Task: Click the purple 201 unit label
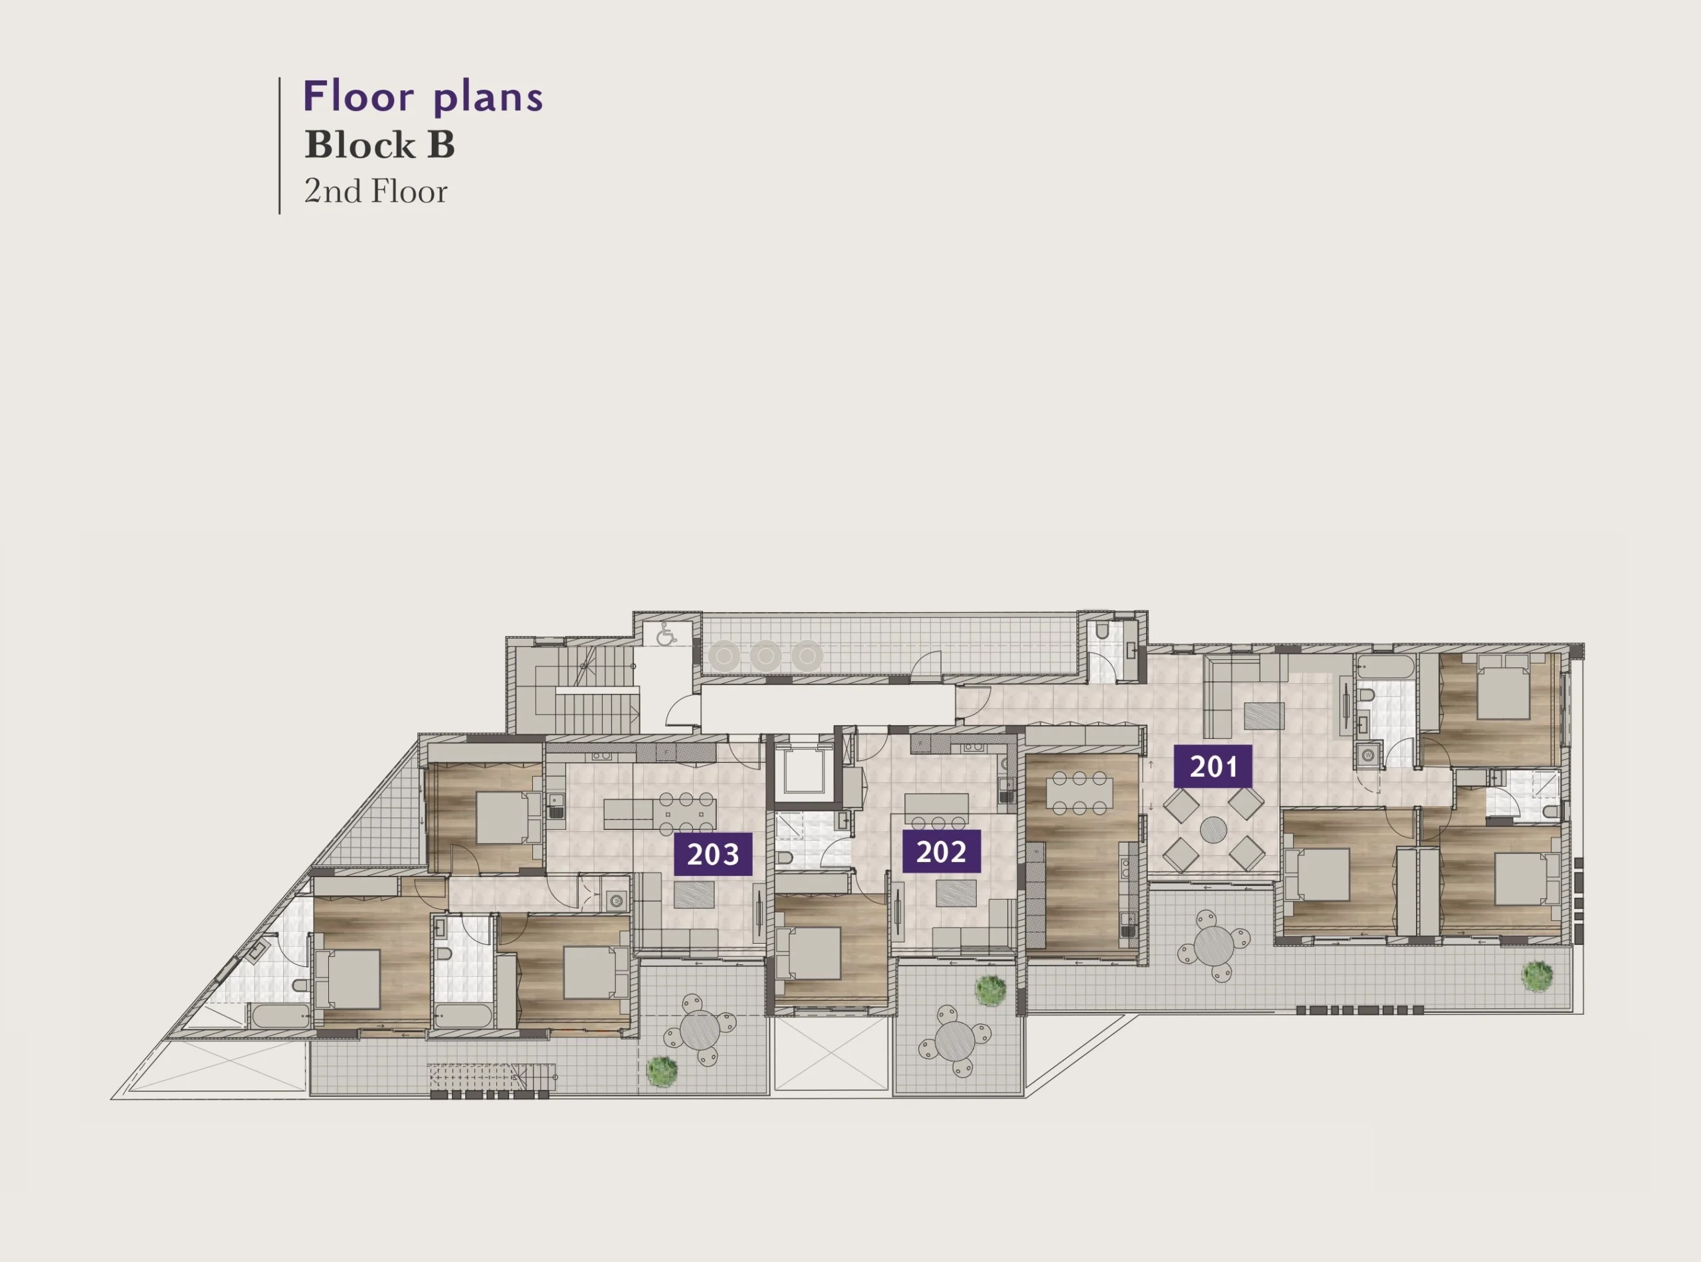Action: (1213, 766)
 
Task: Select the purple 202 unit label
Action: (941, 851)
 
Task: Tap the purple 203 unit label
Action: (713, 854)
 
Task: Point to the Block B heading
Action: (379, 145)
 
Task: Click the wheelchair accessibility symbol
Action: (665, 633)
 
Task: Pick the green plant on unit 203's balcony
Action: (661, 1071)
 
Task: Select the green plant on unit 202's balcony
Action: (990, 990)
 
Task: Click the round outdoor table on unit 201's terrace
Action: (1212, 946)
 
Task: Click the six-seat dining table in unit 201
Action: (1078, 793)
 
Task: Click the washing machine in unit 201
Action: (1367, 756)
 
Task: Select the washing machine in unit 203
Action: (615, 901)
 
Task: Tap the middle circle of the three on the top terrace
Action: (765, 655)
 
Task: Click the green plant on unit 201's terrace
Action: (1536, 976)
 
